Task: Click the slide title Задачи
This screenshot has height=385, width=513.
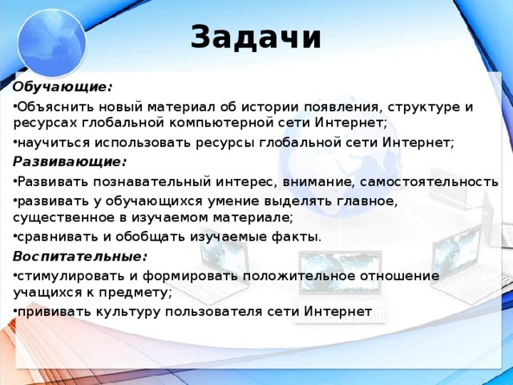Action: click(256, 37)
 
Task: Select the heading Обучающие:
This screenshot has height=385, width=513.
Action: click(63, 86)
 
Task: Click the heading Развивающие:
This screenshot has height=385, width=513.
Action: click(70, 161)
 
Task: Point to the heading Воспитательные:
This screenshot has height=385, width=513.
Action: click(80, 256)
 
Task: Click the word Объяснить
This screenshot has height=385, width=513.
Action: click(52, 107)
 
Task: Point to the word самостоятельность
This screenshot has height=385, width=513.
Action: click(434, 181)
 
